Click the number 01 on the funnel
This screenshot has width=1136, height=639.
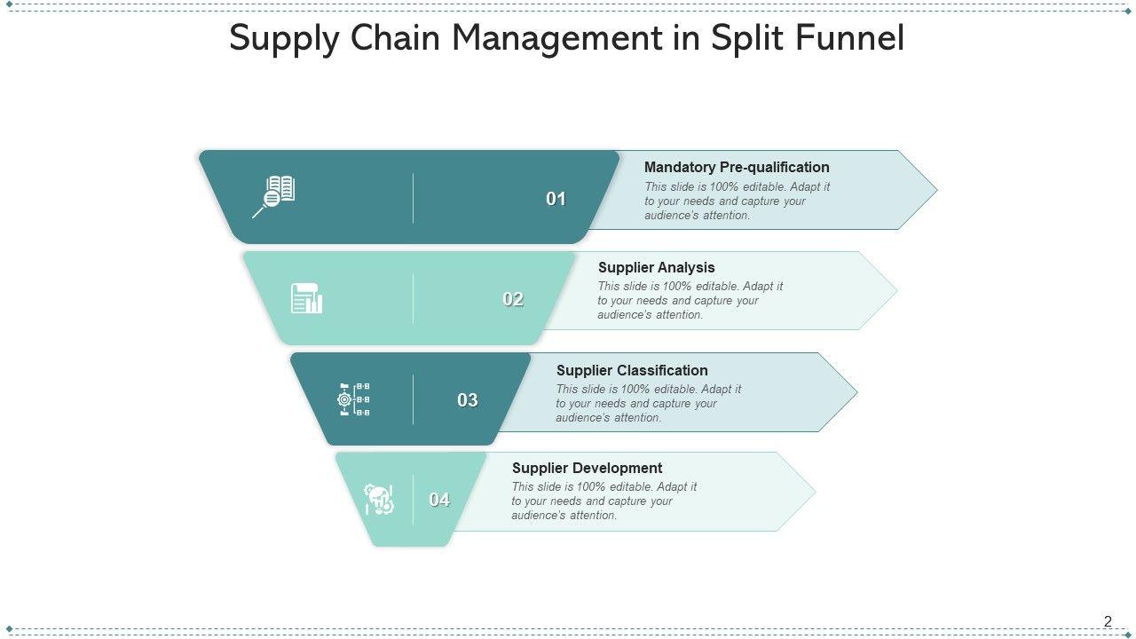tap(556, 199)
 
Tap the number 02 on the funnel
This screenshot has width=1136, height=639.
tap(513, 299)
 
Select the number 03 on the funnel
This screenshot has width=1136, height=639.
tap(468, 400)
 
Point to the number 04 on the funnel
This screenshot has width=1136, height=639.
tap(439, 500)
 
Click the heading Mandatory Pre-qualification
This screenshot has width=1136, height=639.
tap(737, 167)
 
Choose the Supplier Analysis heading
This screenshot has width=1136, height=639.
tap(656, 267)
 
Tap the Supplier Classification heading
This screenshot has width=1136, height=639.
tap(632, 370)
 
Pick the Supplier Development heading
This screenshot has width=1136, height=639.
tap(587, 468)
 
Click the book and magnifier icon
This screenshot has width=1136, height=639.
tap(274, 196)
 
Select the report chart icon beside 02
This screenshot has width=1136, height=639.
tap(307, 298)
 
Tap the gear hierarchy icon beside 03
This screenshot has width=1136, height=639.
tap(354, 399)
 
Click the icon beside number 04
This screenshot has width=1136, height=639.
tap(379, 501)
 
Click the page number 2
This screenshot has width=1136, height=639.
tap(1108, 621)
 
